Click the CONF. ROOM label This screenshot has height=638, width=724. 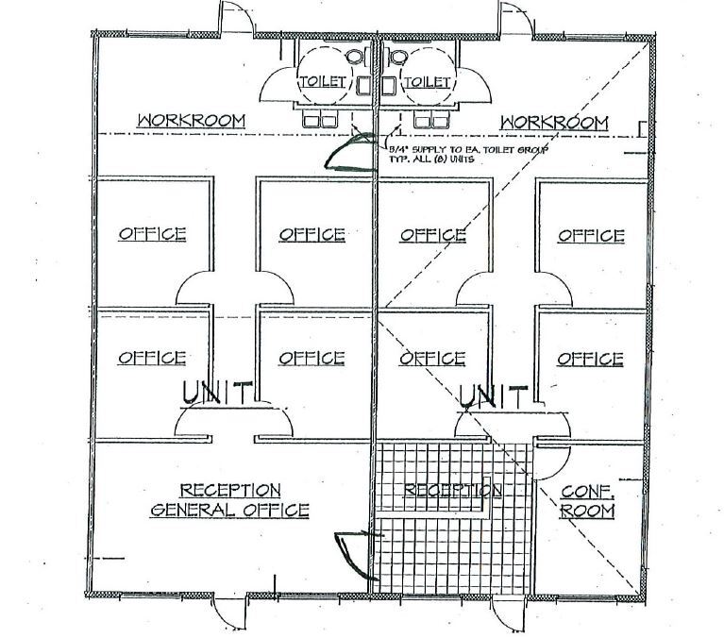tap(587, 501)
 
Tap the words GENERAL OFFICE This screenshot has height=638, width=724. tap(230, 511)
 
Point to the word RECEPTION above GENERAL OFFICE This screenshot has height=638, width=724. tap(230, 490)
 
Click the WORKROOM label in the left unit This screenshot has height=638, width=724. tap(192, 121)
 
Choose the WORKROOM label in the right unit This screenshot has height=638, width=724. tap(554, 123)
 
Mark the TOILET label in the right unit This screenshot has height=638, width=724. tap(429, 82)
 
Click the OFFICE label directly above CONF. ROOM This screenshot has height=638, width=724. tap(590, 359)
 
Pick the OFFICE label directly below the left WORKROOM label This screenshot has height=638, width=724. tap(152, 234)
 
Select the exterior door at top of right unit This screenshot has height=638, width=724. tap(515, 17)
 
